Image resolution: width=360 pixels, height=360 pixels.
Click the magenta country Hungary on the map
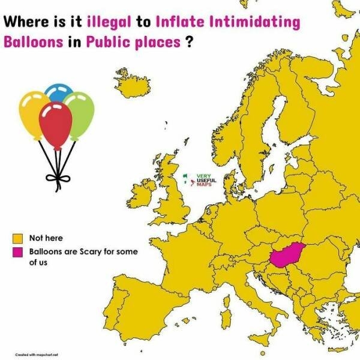pyautogui.click(x=284, y=256)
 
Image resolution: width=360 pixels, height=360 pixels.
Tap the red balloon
pyautogui.click(x=55, y=125)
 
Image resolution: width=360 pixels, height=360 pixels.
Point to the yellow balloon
pyautogui.click(x=34, y=112)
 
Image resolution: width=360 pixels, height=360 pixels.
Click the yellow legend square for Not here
pyautogui.click(x=19, y=238)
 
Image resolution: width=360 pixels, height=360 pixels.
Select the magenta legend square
pyautogui.click(x=19, y=251)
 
